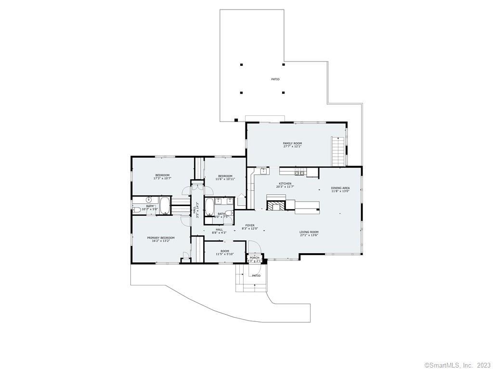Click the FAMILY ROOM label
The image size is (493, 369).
292,143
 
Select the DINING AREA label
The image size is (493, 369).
340,188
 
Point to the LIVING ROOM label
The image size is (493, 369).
309,232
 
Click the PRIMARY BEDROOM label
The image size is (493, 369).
161,238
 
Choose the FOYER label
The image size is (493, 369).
250,225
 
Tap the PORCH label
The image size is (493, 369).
254,258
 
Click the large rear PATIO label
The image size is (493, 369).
275,79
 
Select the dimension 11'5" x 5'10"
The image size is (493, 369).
225,255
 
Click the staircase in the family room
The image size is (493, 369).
338,151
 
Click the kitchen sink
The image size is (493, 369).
263,171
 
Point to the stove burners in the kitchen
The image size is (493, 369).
299,172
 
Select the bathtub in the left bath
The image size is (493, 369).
165,205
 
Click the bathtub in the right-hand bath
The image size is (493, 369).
210,208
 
